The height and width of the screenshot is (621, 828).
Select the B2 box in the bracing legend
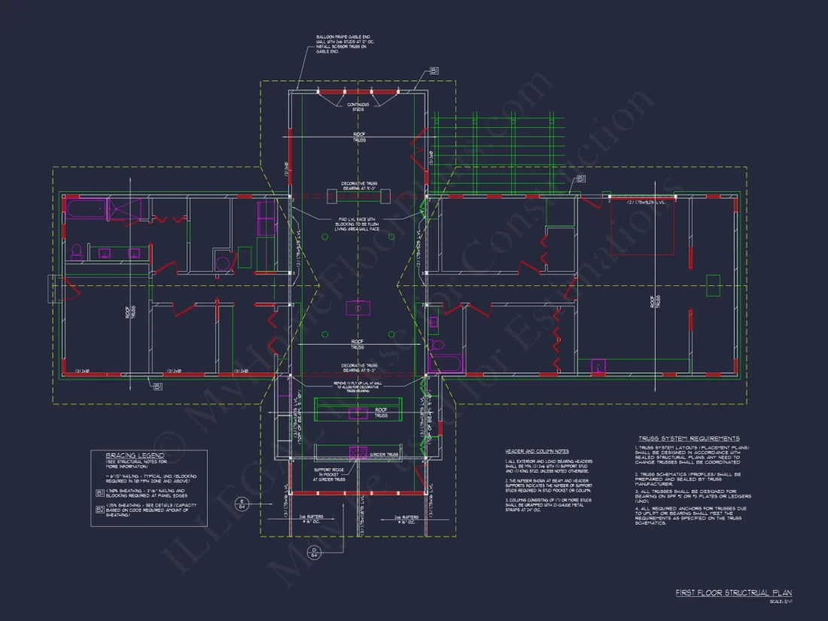[100, 510]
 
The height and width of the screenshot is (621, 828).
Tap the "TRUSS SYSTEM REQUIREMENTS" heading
[688, 438]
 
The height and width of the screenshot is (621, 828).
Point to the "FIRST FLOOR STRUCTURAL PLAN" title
[733, 593]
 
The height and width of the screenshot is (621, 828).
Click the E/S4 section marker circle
[242, 503]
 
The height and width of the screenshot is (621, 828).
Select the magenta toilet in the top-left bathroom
[76, 251]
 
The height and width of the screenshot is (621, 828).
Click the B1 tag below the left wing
[158, 387]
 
